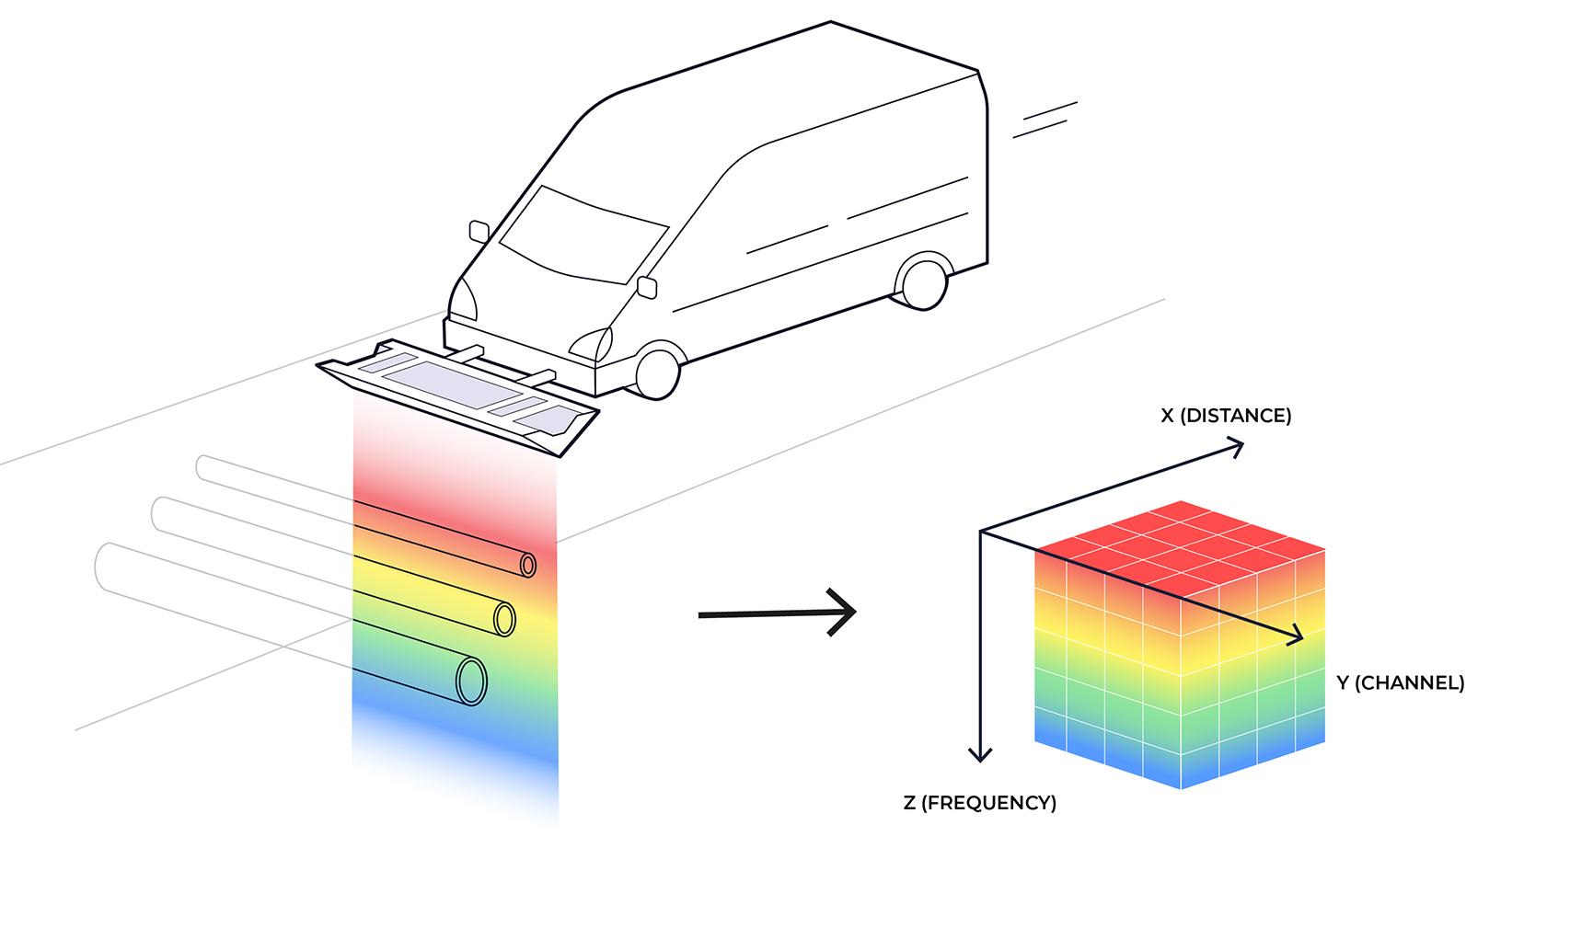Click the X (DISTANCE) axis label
[1226, 416]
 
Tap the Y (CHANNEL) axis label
[1400, 682]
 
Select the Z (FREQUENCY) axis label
[980, 803]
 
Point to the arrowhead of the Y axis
[1298, 636]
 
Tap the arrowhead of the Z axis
[981, 755]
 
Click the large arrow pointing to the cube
[778, 613]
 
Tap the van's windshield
[583, 235]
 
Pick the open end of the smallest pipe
[528, 564]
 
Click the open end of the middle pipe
[503, 618]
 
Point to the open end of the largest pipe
[471, 681]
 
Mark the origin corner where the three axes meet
[981, 532]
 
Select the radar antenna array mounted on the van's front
[457, 395]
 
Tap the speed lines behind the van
[1045, 120]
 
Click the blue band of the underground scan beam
[456, 736]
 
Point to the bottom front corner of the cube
[1181, 787]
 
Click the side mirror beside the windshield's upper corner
[479, 230]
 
